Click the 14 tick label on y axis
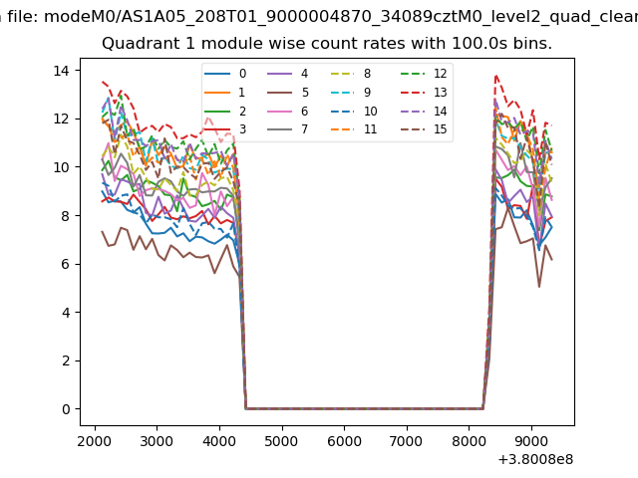coord(60,71)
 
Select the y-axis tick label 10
coord(60,167)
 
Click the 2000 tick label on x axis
coord(95,439)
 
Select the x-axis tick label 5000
coord(282,439)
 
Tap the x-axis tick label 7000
coord(407,439)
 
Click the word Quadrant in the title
coord(136,45)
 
